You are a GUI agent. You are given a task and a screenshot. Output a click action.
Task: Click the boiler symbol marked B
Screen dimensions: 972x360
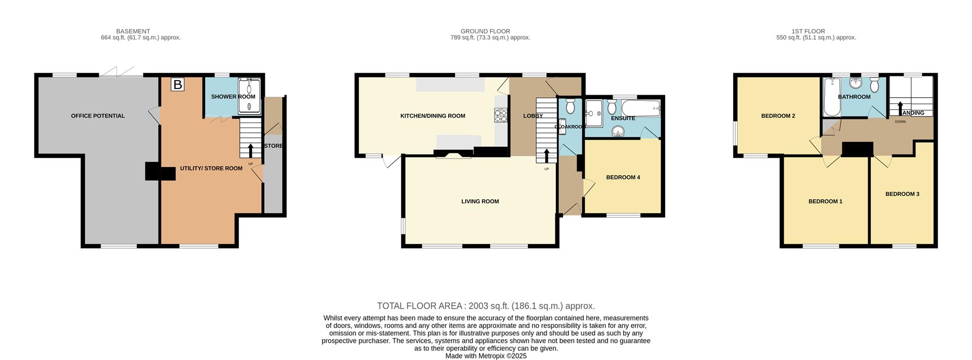coord(177,85)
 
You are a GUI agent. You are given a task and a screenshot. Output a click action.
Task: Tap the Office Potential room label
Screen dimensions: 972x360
coord(98,116)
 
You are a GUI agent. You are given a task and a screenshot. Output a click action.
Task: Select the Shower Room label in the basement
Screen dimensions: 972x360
coord(233,97)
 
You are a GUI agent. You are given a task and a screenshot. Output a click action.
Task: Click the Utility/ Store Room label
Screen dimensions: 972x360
coord(211,168)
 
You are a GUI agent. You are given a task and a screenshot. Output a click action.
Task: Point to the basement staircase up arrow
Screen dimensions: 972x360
coord(250,151)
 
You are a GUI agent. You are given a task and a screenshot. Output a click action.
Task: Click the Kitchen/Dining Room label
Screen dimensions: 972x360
coord(432,116)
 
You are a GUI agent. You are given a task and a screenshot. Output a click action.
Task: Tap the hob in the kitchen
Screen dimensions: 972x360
coord(500,116)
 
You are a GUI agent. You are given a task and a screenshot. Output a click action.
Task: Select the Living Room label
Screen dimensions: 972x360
coord(480,202)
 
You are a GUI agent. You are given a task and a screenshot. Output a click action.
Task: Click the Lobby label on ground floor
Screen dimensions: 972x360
coord(533,116)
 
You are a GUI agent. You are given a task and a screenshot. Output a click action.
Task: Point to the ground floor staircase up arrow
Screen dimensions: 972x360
coord(546,156)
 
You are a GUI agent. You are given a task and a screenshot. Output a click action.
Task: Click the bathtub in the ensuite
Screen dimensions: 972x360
coord(641,108)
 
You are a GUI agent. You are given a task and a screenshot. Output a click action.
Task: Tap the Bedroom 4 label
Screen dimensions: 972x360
coord(623,177)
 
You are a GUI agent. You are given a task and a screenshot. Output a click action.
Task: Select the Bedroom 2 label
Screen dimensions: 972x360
coord(778,116)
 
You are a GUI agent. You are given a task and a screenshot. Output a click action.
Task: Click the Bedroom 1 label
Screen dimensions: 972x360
coord(825,202)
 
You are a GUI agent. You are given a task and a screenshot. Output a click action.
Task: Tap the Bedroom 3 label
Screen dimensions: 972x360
coord(902,194)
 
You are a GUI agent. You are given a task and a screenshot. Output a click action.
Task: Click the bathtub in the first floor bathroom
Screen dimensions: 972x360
coord(831,97)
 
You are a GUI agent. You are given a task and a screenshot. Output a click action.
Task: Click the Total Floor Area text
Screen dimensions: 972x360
coord(486,306)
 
